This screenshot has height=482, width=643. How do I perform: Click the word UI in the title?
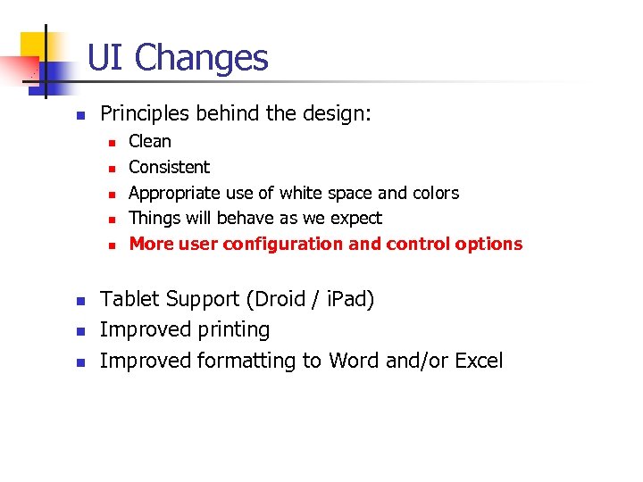(106, 58)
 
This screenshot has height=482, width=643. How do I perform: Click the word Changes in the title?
(202, 59)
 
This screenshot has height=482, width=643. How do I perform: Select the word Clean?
(150, 141)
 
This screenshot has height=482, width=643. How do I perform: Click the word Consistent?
(170, 167)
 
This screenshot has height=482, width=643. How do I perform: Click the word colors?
(436, 193)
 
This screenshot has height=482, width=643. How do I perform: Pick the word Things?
(153, 218)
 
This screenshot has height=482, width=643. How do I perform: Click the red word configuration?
(283, 244)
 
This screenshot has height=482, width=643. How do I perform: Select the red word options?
(489, 244)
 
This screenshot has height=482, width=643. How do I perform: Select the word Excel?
(479, 361)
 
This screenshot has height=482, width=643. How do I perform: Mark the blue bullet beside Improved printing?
(79, 331)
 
